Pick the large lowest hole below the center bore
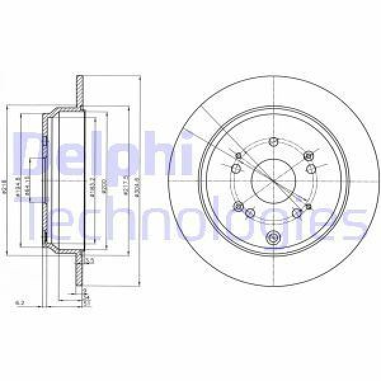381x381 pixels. click(273, 239)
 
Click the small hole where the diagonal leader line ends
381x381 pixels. click(308, 206)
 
